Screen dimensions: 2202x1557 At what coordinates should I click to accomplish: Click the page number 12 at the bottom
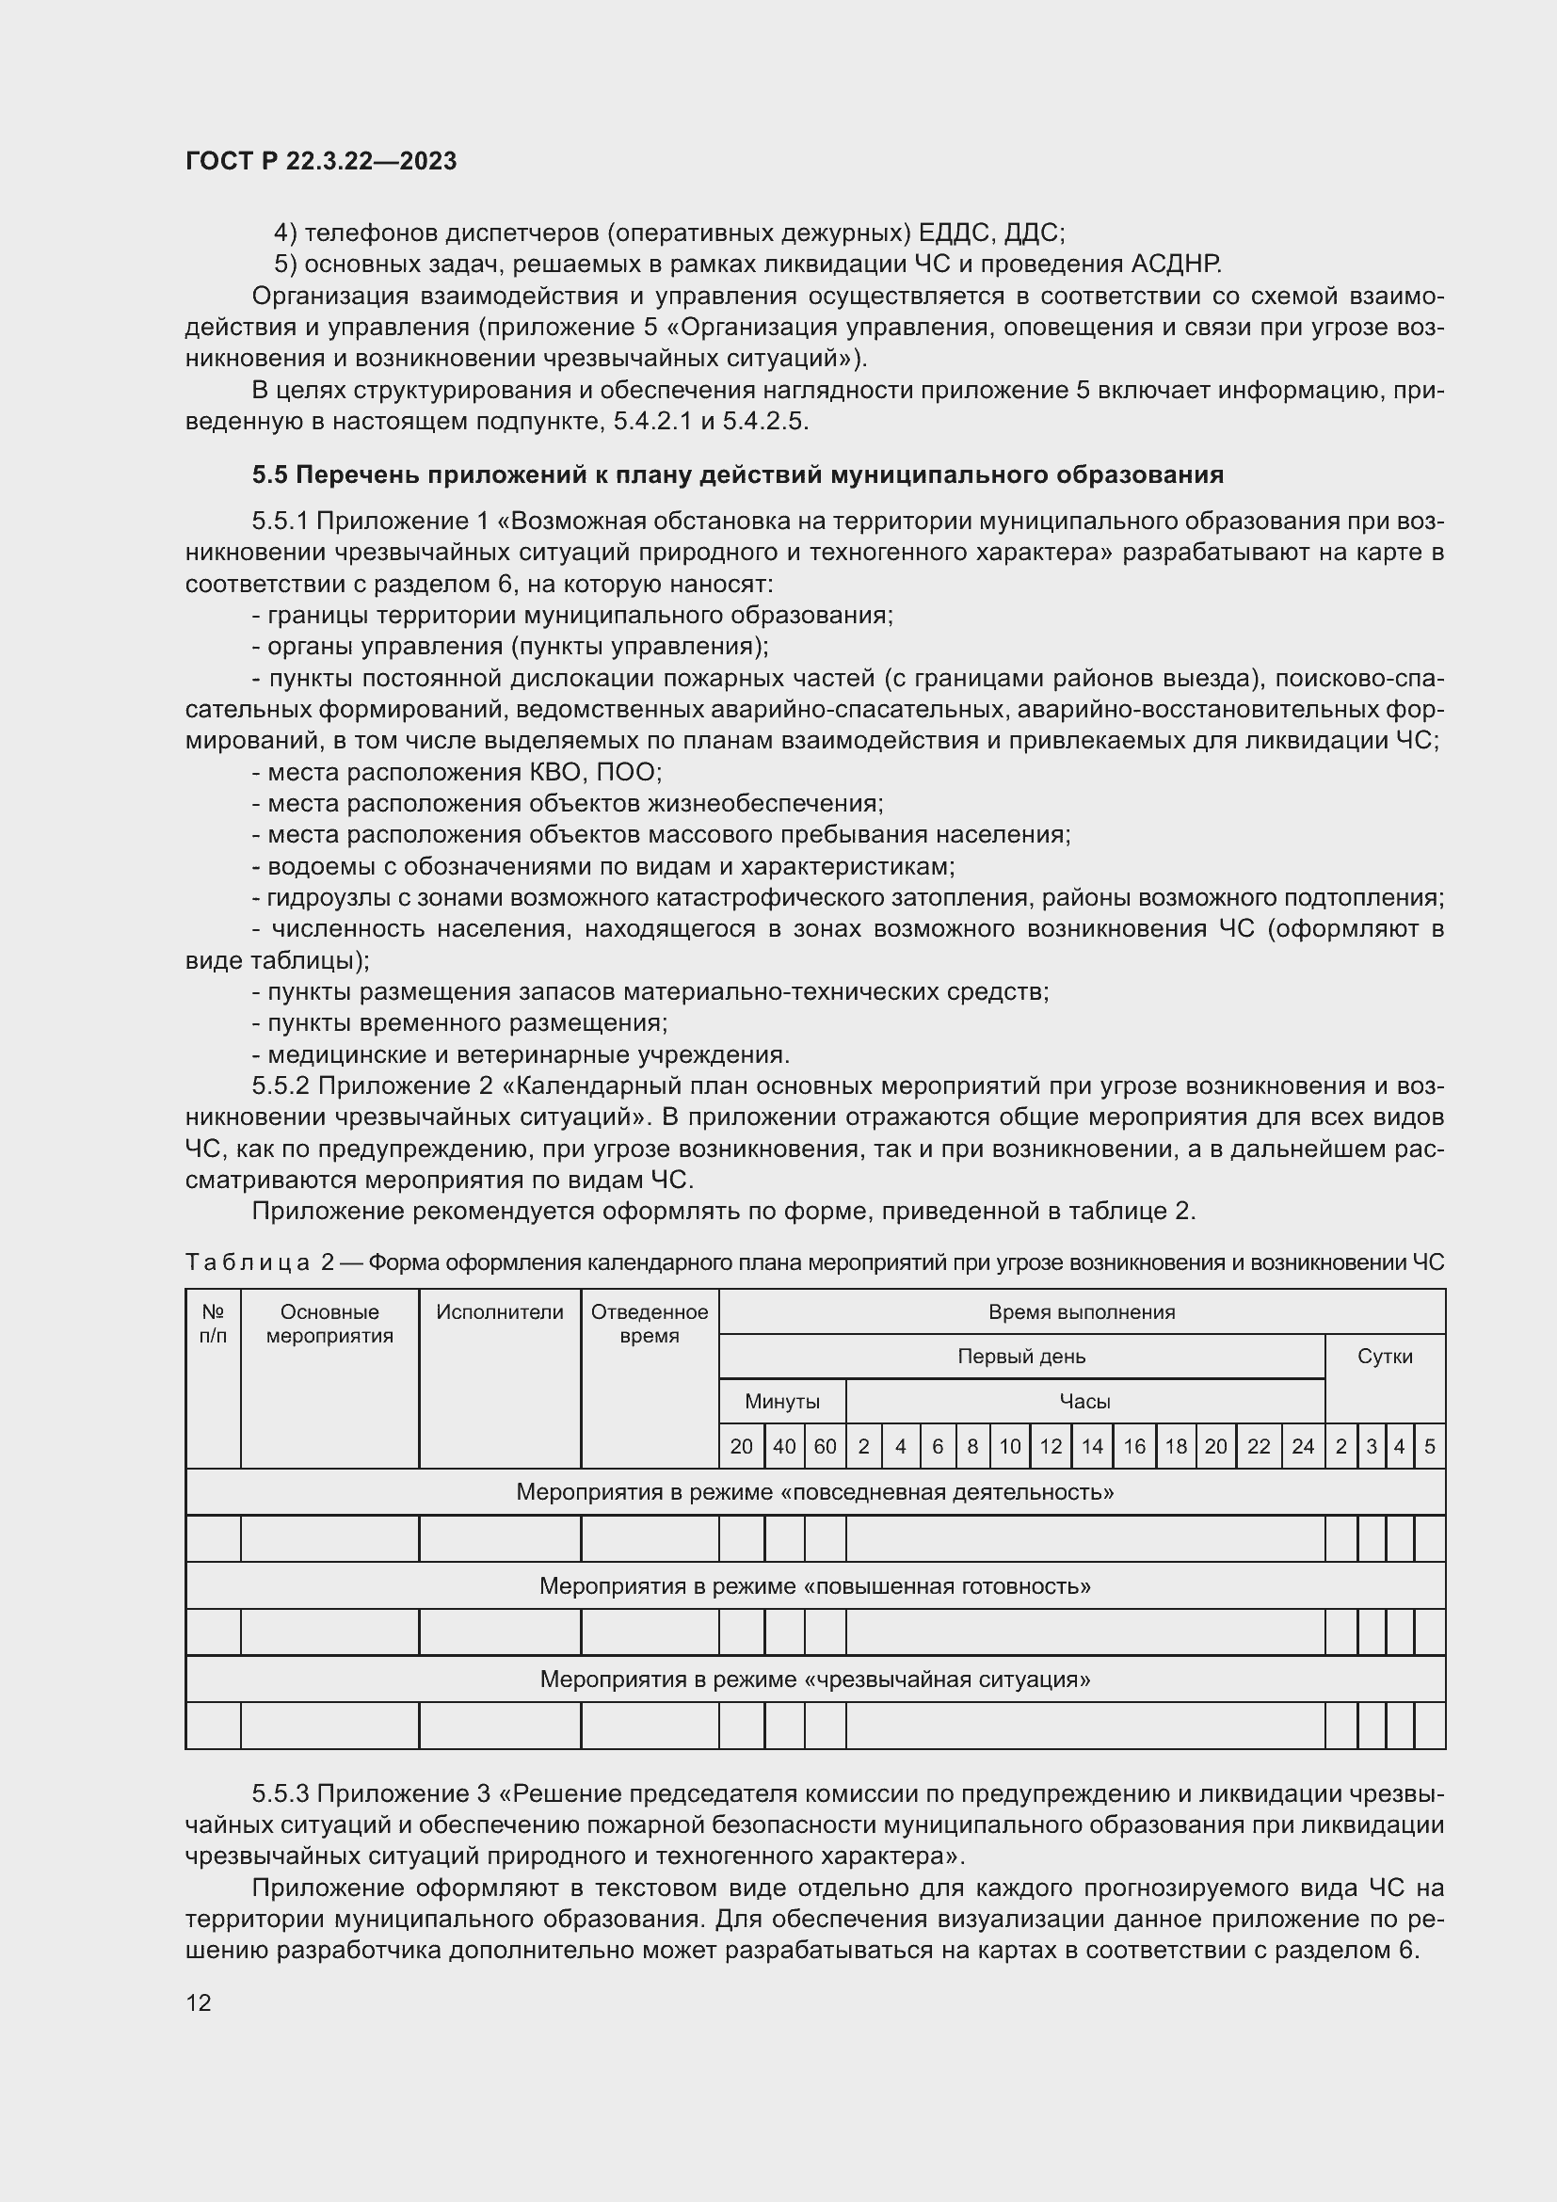coord(199,2002)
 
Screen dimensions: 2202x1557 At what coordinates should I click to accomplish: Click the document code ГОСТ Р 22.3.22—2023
coord(321,161)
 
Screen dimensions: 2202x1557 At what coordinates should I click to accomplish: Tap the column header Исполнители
coord(500,1312)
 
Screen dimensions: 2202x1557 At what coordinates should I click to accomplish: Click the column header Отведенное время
coord(650,1324)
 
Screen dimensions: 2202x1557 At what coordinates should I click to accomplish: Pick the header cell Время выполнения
coord(1082,1312)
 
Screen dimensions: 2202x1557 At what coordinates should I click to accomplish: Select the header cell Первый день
coord(1021,1356)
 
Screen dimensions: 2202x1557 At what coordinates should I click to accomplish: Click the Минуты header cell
coord(782,1401)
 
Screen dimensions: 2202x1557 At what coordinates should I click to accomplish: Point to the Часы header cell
coord(1084,1401)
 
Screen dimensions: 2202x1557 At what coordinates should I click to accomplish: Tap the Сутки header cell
coord(1385,1356)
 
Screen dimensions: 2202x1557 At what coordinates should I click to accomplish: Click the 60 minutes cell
coord(825,1446)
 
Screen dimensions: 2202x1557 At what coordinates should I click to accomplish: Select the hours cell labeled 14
coord(1092,1446)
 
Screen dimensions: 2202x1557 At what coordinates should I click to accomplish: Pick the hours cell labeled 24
coord(1302,1446)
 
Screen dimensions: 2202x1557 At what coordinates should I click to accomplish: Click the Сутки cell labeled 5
coord(1430,1446)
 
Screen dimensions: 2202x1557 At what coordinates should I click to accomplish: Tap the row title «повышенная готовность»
coord(815,1586)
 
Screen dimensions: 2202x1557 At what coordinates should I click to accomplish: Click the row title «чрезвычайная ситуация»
coord(815,1680)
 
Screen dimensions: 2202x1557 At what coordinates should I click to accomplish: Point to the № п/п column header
coord(213,1324)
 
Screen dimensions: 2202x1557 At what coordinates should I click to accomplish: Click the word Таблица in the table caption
coord(248,1263)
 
